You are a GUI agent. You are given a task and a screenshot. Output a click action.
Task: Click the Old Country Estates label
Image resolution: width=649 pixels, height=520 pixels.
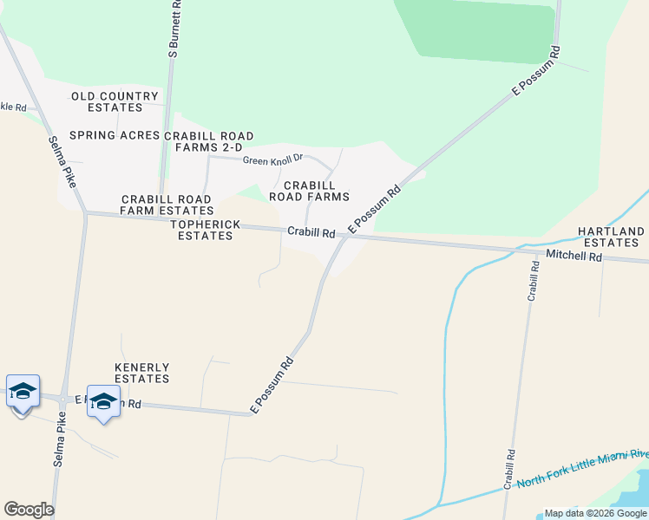[x=115, y=101]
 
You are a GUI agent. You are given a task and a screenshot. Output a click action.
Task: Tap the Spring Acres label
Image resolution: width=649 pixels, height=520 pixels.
[x=115, y=135]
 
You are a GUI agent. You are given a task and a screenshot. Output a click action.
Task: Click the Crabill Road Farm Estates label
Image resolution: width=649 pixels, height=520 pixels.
[x=167, y=205]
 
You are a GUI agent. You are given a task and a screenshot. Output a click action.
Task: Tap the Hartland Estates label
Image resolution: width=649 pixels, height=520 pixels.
[x=612, y=237]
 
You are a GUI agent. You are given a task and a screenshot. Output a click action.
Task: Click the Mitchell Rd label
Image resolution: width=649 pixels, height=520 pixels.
[x=574, y=257]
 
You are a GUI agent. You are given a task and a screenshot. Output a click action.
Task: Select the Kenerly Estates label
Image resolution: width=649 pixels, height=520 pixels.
[x=142, y=373]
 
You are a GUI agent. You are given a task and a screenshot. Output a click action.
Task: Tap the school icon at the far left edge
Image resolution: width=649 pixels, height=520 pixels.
[x=22, y=392]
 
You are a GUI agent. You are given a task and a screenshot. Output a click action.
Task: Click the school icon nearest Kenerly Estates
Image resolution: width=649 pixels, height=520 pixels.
[x=103, y=401]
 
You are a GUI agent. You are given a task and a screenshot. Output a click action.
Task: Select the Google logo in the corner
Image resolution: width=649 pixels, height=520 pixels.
[x=29, y=510]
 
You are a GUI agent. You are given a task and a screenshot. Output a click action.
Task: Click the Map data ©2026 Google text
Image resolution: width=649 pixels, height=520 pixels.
[x=595, y=513]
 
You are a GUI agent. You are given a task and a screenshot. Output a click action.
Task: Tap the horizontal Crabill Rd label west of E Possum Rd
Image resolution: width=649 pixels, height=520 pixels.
[x=311, y=232]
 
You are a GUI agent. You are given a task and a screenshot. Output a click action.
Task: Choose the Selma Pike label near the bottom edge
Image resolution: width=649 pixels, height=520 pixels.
[x=60, y=439]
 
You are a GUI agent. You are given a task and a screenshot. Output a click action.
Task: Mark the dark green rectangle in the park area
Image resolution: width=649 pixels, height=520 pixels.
[x=482, y=31]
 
